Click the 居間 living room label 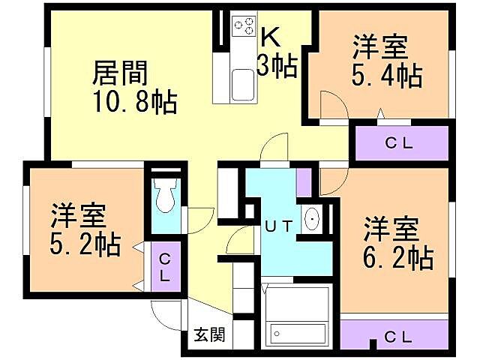tap(119, 73)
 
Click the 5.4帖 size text tap(387, 75)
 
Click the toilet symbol tap(165, 193)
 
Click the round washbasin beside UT tap(311, 219)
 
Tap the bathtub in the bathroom tap(298, 332)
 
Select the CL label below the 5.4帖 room tap(399, 143)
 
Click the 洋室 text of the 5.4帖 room tap(381, 47)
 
